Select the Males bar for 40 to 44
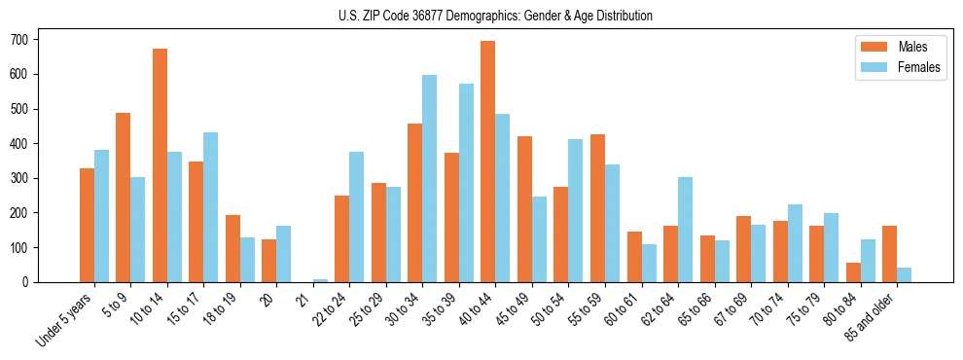click(488, 162)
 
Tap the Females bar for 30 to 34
click(430, 179)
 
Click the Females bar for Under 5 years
click(102, 216)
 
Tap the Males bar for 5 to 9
click(124, 198)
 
